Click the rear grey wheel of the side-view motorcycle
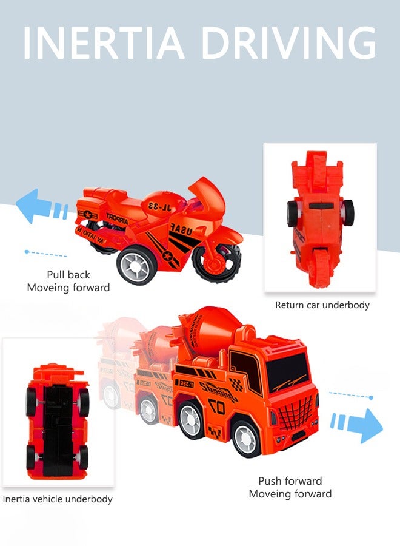coord(134,266)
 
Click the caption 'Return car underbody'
coord(322,305)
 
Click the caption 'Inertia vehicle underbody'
coord(58,499)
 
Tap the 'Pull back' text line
coord(68,275)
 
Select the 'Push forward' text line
coord(290,481)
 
